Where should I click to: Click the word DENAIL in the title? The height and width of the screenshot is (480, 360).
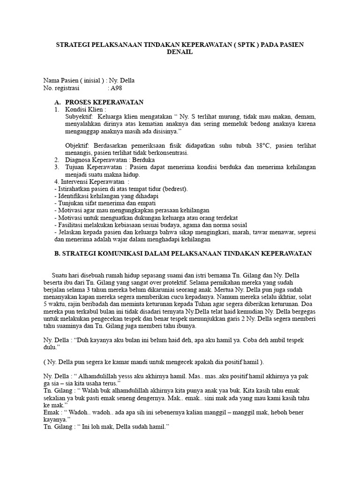click(x=180, y=52)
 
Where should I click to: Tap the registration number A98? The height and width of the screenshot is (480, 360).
click(x=115, y=88)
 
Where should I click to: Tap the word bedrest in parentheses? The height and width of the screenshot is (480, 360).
click(x=174, y=189)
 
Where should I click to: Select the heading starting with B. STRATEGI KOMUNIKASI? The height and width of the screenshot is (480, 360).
click(x=183, y=253)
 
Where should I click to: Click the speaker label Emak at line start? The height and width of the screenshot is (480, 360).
click(x=52, y=413)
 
